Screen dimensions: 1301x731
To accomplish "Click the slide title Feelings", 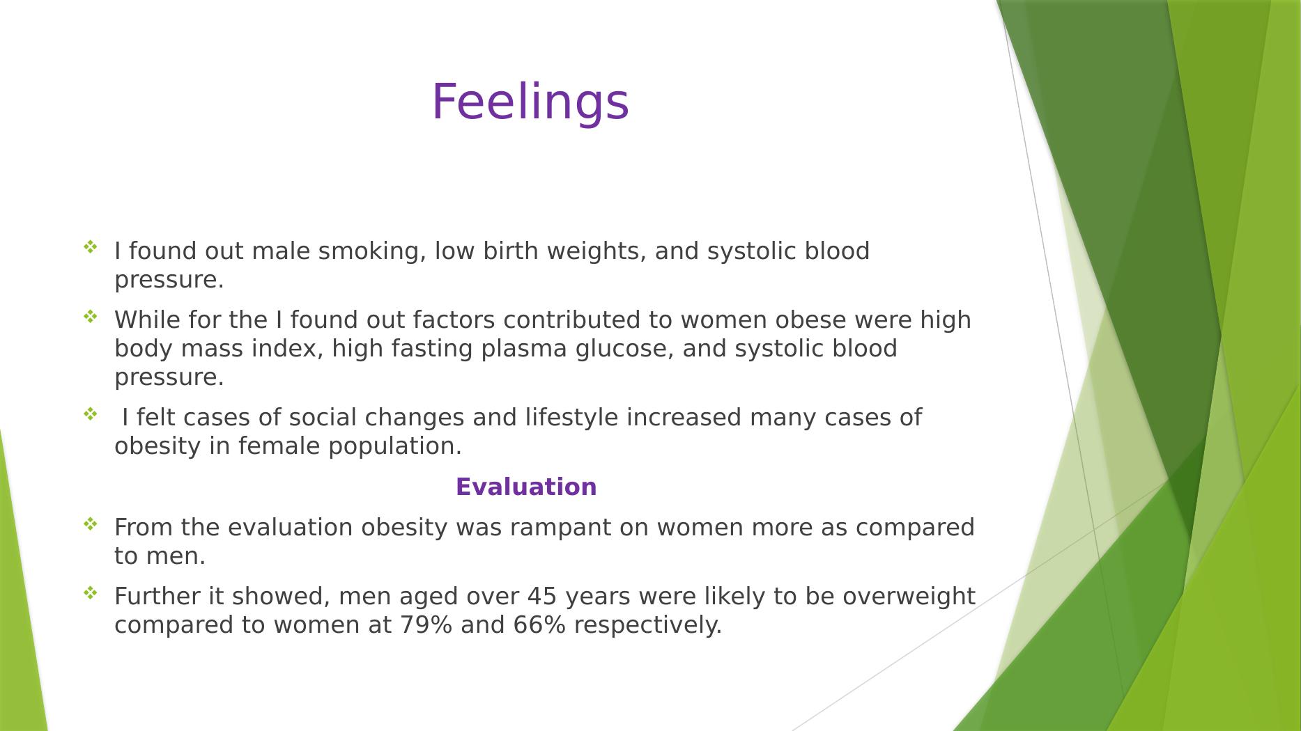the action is click(x=530, y=102).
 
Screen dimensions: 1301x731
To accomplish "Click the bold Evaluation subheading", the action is click(x=526, y=487).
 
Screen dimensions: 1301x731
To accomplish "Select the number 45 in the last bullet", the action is click(x=542, y=597).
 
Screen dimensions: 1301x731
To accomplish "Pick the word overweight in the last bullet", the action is click(x=909, y=597).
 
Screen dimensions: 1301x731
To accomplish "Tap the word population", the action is click(x=394, y=447).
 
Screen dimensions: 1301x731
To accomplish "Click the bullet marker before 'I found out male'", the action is click(x=91, y=246).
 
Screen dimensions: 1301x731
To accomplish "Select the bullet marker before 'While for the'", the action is click(x=91, y=316).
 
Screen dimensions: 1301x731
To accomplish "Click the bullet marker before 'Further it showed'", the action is click(x=91, y=592).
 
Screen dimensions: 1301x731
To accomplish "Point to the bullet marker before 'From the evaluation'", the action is click(x=91, y=524).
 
